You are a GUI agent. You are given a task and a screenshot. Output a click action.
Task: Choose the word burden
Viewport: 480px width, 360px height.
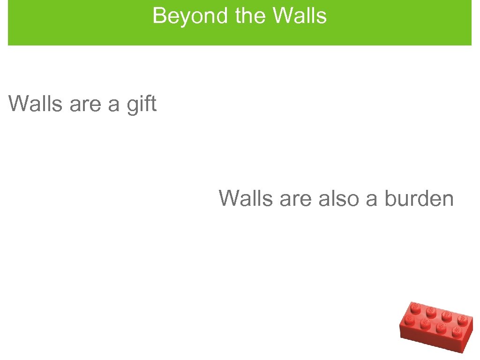[419, 198]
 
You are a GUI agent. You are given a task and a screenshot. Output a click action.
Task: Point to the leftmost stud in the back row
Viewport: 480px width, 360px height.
[415, 307]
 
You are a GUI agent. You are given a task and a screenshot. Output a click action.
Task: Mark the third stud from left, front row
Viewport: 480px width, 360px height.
[441, 328]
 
